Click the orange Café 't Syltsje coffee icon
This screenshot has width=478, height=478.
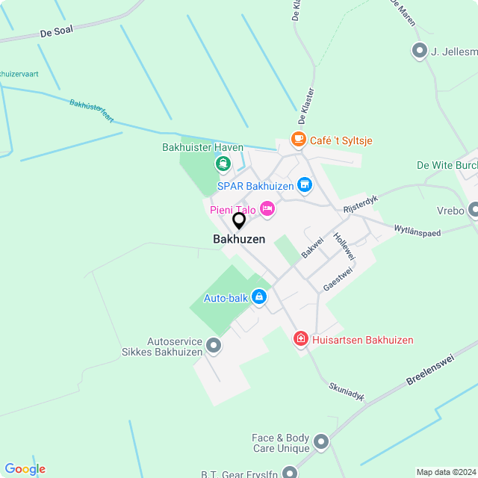coord(299,140)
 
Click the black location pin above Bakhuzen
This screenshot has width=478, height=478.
coord(239,221)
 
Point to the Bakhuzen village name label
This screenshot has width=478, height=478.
coord(239,240)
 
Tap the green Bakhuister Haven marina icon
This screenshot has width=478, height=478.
coord(222,163)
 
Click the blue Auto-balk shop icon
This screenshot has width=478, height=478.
coord(259,297)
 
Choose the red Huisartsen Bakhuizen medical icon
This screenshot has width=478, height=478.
coord(301,340)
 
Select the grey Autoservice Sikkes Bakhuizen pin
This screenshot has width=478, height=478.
coord(214,345)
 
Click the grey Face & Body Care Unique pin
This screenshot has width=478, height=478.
coord(322,442)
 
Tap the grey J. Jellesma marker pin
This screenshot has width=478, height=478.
coord(418,52)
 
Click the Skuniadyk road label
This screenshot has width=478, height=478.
coord(347,392)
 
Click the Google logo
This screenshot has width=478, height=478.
coord(25,469)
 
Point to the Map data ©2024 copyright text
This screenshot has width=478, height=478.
coord(446,472)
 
